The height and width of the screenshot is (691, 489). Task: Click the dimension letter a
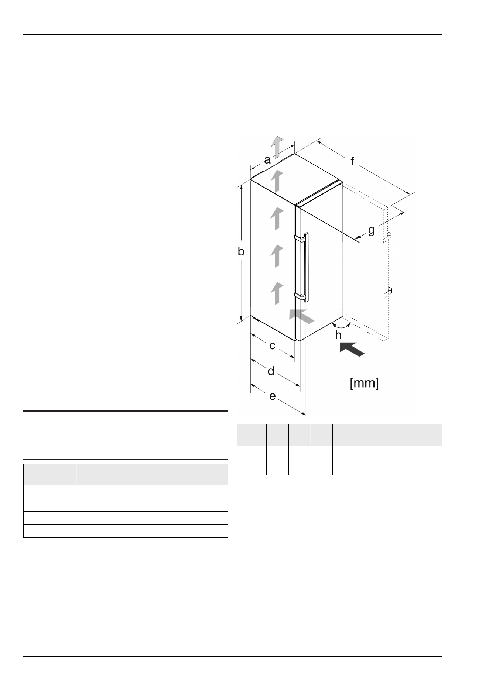[x=267, y=160]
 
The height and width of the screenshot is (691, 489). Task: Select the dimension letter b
[x=241, y=251]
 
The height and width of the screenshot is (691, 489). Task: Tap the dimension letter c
[x=272, y=346]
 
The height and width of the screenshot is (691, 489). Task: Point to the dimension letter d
[x=271, y=371]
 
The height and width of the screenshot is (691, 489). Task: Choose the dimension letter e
[x=273, y=396]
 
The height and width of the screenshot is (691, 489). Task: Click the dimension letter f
[x=352, y=161]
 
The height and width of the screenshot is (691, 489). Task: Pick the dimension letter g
[x=371, y=231]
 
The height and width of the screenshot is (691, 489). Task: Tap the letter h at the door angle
[x=338, y=335]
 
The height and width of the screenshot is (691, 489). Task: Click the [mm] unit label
[x=364, y=384]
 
